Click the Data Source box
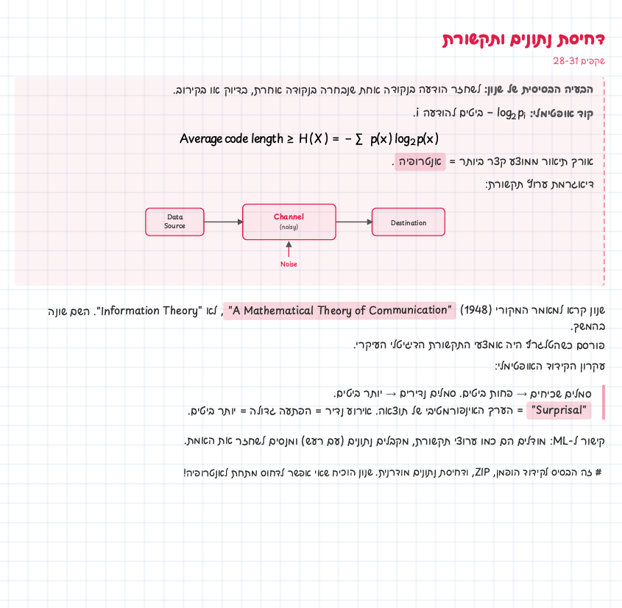(x=174, y=222)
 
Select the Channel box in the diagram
(x=289, y=222)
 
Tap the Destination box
(x=409, y=222)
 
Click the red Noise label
(x=289, y=264)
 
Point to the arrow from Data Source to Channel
(x=223, y=222)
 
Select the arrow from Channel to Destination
(x=354, y=222)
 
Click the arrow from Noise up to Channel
(x=289, y=249)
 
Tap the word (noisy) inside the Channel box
(x=289, y=227)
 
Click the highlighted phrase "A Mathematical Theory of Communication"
(x=339, y=310)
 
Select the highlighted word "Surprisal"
(x=559, y=410)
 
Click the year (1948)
(x=476, y=310)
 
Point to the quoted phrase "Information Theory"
(x=149, y=311)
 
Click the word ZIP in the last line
(x=482, y=472)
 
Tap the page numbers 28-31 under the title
(x=566, y=60)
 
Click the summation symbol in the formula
(x=358, y=139)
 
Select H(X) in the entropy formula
(x=314, y=139)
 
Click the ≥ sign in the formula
(x=290, y=139)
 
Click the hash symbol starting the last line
(x=598, y=473)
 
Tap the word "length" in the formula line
(x=267, y=139)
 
